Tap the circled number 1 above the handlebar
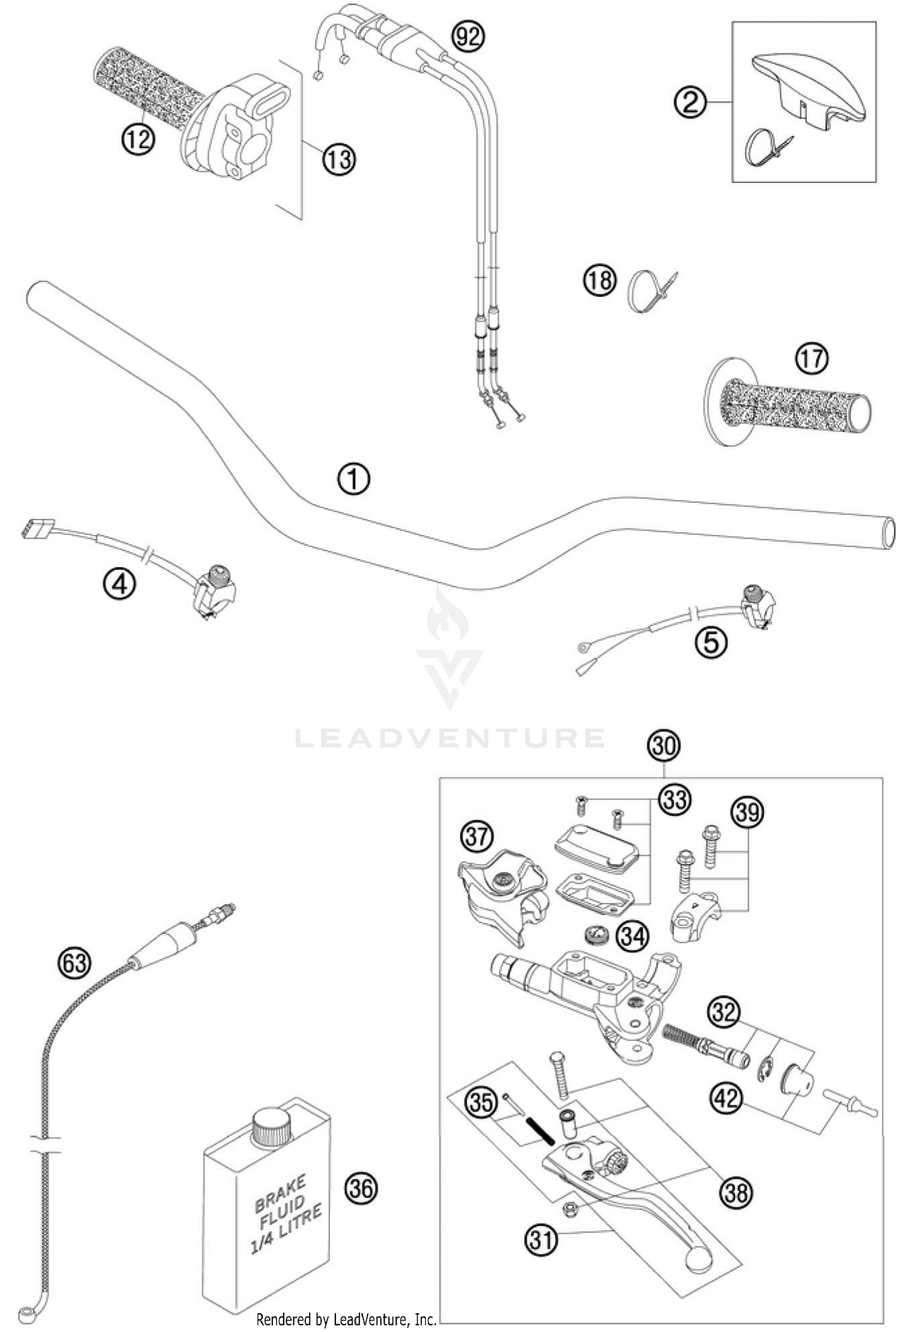(353, 480)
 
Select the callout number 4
(119, 583)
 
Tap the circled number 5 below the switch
(710, 643)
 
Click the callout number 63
(75, 964)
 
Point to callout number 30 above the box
(663, 745)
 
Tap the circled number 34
(634, 936)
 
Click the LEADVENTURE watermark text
(450, 738)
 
